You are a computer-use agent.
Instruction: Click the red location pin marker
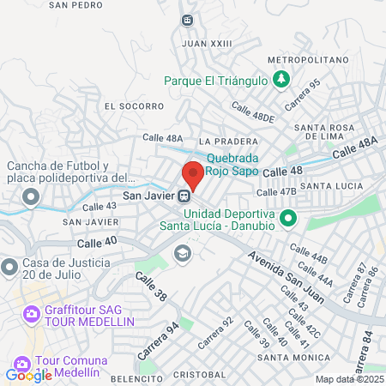click(x=193, y=175)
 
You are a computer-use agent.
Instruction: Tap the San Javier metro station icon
click(x=184, y=196)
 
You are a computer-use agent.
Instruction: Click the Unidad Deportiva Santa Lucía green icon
click(x=287, y=219)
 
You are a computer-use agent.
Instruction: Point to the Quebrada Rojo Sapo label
click(x=232, y=163)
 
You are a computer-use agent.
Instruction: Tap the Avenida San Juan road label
click(x=286, y=278)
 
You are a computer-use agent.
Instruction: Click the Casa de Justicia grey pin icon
click(x=9, y=268)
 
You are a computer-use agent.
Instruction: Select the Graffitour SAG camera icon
click(x=31, y=314)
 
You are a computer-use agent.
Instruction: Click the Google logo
click(x=28, y=375)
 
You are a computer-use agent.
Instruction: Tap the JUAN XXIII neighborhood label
click(x=208, y=42)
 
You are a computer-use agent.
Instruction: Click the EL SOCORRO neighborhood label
click(x=133, y=106)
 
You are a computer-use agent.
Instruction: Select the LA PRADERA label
click(x=227, y=142)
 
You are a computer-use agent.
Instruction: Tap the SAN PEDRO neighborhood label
click(x=70, y=4)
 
